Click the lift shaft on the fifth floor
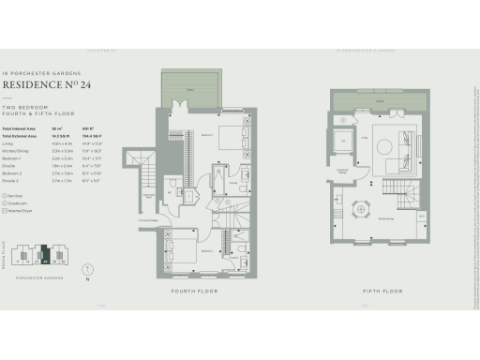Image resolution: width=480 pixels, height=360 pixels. coord(343,142)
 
